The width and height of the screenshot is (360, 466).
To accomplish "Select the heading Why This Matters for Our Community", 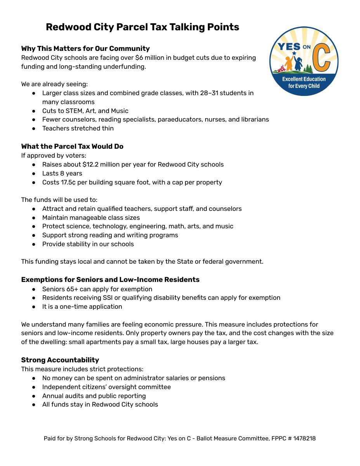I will coord(85,49).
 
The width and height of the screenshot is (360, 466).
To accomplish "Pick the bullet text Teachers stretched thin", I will coord(78,128).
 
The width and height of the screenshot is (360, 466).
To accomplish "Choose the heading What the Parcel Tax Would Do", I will coord(72,146).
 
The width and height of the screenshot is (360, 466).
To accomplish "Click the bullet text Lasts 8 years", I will coord(62,173).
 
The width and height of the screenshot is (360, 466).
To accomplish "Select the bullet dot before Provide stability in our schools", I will coord(34,244).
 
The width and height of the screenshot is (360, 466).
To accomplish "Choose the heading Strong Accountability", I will coord(60,360).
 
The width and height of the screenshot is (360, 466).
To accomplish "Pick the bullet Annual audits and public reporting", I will coord(94,396).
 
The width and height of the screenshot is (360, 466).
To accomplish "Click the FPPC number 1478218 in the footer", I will coord(305,438).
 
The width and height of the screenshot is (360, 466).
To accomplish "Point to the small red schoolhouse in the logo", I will coord(280,69).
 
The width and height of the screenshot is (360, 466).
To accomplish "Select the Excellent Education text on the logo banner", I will coord(304,79).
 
